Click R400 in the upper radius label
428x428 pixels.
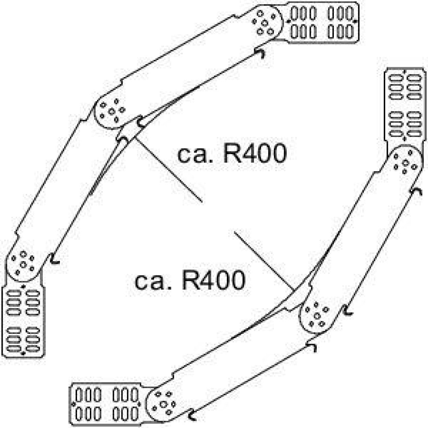(255, 154)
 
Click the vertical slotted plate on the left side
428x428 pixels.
(23, 321)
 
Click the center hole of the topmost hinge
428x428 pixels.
(264, 23)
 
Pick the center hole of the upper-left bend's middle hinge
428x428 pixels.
(111, 111)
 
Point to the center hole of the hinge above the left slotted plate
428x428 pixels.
(23, 265)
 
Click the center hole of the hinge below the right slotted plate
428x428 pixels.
(405, 163)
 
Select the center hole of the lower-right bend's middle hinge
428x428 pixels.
(317, 316)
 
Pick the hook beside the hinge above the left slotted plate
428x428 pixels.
(55, 259)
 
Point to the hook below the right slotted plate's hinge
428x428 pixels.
(417, 192)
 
